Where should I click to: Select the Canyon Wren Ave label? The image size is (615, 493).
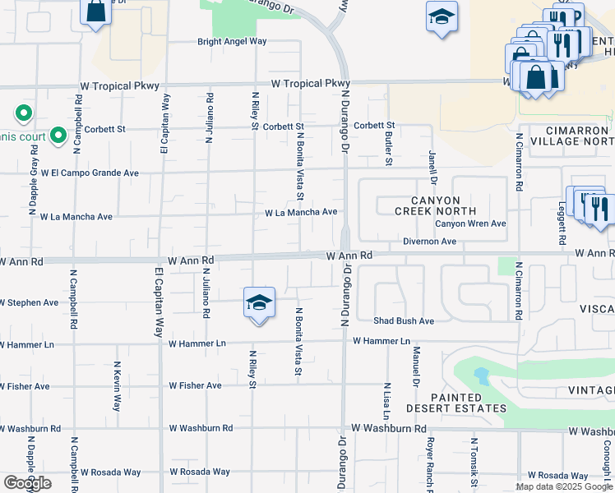(470, 223)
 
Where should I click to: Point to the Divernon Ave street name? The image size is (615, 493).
(429, 242)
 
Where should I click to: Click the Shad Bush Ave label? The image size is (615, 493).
(403, 321)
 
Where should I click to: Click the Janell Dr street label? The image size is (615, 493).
(432, 167)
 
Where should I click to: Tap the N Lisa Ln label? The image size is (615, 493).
(386, 399)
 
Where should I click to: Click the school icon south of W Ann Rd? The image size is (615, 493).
(258, 304)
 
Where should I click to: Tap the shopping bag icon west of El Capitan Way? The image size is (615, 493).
(96, 12)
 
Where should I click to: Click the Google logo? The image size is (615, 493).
(27, 483)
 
